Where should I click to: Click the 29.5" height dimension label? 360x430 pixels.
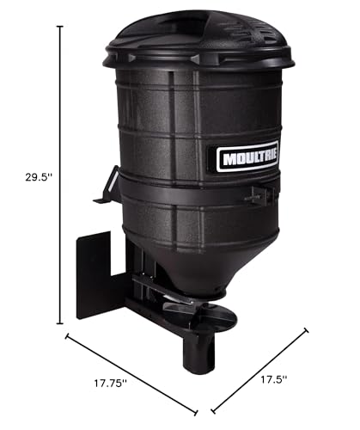[x=39, y=177]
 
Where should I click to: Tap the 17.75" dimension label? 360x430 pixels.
[x=111, y=383]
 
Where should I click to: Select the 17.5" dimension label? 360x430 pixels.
[x=273, y=380]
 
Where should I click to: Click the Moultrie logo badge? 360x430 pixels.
[x=247, y=157]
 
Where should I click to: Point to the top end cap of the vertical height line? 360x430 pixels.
[x=60, y=27]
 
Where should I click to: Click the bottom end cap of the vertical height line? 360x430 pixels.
[x=60, y=323]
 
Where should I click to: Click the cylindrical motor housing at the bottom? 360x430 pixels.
[x=198, y=353]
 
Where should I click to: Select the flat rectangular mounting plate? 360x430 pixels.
[x=94, y=275]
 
